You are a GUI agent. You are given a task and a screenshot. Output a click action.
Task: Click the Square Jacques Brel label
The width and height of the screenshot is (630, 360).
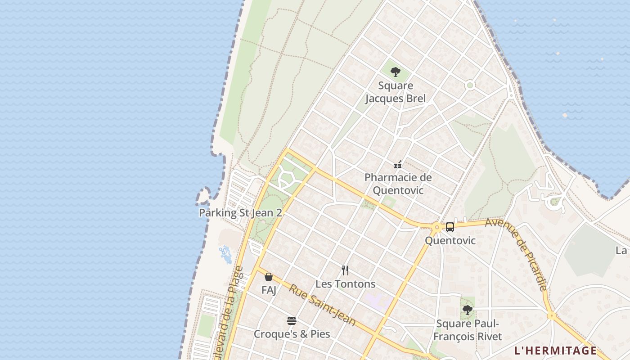click(x=395, y=92)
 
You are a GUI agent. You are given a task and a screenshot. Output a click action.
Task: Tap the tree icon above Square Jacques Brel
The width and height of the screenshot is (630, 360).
click(x=395, y=72)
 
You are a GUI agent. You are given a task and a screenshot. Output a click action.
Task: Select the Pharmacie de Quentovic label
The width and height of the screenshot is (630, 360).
click(x=398, y=184)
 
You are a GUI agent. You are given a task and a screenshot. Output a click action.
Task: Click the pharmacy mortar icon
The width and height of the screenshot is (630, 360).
click(x=398, y=165)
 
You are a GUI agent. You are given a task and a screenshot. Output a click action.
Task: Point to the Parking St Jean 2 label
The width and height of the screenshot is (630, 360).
click(x=240, y=213)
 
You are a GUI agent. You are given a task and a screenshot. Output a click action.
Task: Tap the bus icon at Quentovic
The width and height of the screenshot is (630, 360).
click(x=450, y=227)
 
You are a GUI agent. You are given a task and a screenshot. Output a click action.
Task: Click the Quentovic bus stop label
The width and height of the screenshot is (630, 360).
click(x=450, y=241)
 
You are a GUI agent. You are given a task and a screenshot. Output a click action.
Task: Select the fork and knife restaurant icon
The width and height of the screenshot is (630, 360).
click(x=345, y=270)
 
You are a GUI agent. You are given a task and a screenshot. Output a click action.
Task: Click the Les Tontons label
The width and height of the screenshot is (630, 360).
click(x=345, y=284)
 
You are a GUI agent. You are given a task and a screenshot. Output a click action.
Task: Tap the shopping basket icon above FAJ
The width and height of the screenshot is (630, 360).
click(x=269, y=277)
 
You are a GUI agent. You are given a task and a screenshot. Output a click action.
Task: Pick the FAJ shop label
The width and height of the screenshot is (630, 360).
click(x=269, y=290)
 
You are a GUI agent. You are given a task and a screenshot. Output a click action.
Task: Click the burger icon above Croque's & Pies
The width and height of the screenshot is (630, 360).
click(x=292, y=321)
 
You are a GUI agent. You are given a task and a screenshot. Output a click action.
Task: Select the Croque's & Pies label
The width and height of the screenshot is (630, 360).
click(x=292, y=334)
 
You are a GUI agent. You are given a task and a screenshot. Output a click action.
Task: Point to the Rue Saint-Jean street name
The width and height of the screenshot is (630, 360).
click(x=322, y=306)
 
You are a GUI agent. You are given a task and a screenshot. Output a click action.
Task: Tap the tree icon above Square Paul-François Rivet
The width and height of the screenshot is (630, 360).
click(x=468, y=310)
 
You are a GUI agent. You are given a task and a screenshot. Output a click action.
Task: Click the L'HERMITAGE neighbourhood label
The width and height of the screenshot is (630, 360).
click(x=555, y=351)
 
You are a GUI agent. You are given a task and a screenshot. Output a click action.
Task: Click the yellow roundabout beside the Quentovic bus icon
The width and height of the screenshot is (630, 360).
click(x=436, y=228)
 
